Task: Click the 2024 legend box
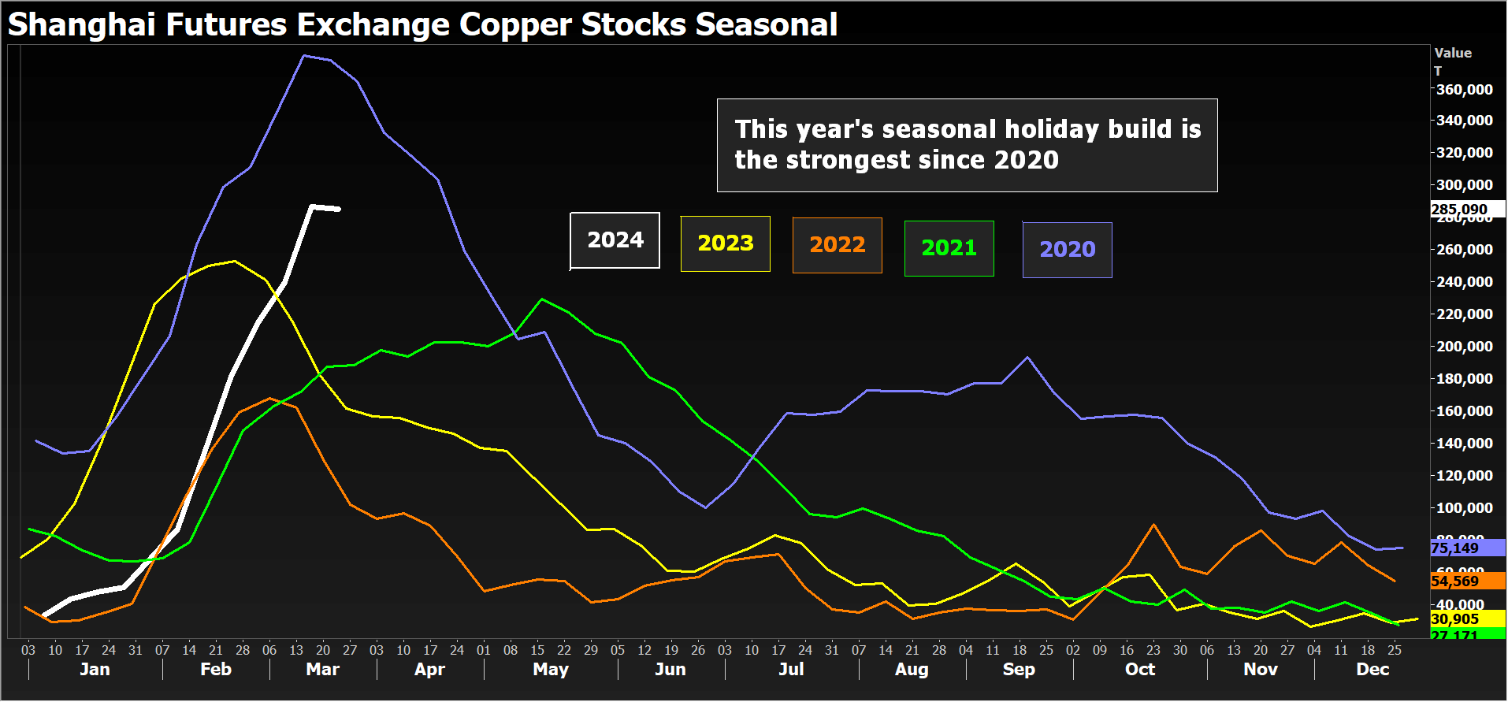(615, 240)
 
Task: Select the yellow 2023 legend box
(725, 243)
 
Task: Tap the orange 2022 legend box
(837, 245)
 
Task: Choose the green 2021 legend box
(949, 248)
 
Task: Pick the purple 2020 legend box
(1067, 250)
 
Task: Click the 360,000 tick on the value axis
(1464, 90)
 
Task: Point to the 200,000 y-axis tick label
(1464, 347)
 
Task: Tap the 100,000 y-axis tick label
(1464, 508)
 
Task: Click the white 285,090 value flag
(1459, 210)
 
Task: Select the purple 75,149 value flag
(1455, 548)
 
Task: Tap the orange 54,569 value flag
(1455, 581)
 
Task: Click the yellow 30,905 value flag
(1455, 619)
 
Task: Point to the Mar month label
(322, 670)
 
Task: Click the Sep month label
(1018, 670)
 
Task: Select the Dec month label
(1372, 670)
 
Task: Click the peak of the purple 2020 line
(304, 56)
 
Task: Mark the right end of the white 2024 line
(339, 209)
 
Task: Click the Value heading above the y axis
(1453, 53)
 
